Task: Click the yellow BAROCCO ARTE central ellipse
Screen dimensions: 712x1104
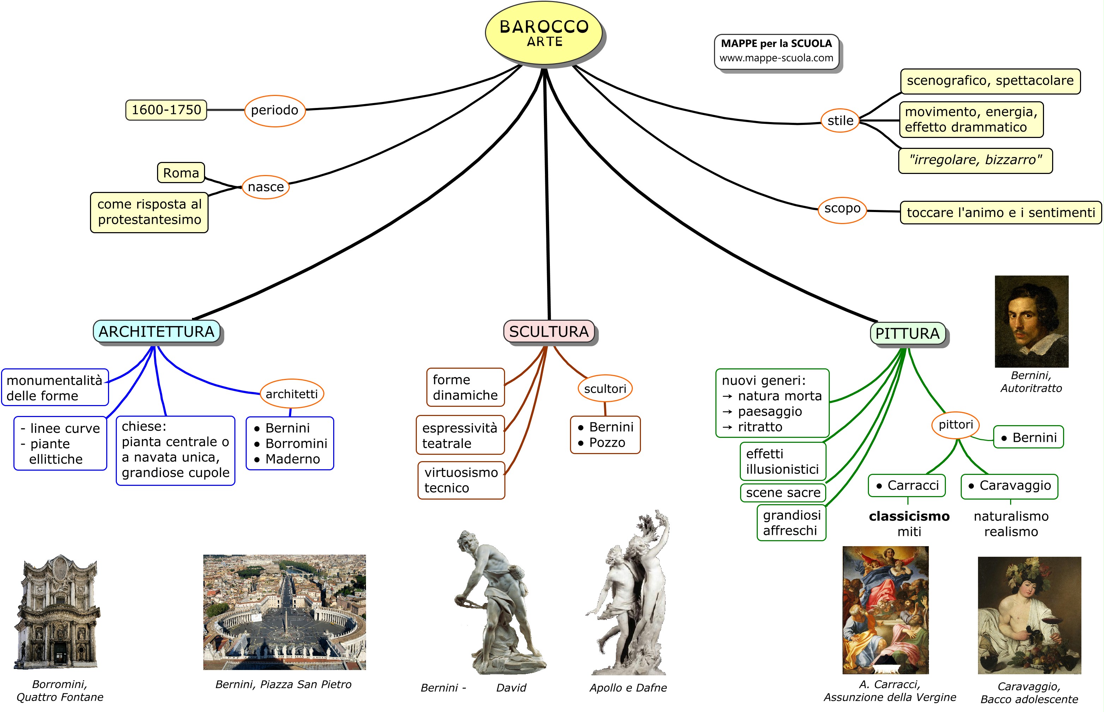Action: [x=544, y=33]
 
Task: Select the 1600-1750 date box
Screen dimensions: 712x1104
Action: [x=166, y=110]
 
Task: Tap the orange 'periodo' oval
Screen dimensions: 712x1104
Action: [x=275, y=110]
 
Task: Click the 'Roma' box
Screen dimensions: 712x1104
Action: [x=181, y=173]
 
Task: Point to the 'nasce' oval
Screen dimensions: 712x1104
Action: [x=265, y=187]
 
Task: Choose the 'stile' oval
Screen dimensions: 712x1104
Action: [x=840, y=121]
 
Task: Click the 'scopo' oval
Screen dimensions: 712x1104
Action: [x=842, y=209]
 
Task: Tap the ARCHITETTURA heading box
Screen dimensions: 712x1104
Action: [x=156, y=332]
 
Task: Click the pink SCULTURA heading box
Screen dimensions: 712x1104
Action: [x=548, y=332]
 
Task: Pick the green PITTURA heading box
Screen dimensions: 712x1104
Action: [x=907, y=333]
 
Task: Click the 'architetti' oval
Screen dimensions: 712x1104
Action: [x=292, y=394]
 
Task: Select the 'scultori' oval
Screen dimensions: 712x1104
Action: [x=605, y=389]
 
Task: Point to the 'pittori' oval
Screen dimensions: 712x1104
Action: [x=955, y=424]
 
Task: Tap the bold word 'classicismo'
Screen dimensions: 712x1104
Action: [x=909, y=516]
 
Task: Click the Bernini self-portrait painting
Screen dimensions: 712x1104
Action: [x=1031, y=321]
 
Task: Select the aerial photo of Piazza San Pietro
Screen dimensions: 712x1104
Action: [x=284, y=612]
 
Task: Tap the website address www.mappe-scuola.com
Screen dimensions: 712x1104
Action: [x=776, y=58]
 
